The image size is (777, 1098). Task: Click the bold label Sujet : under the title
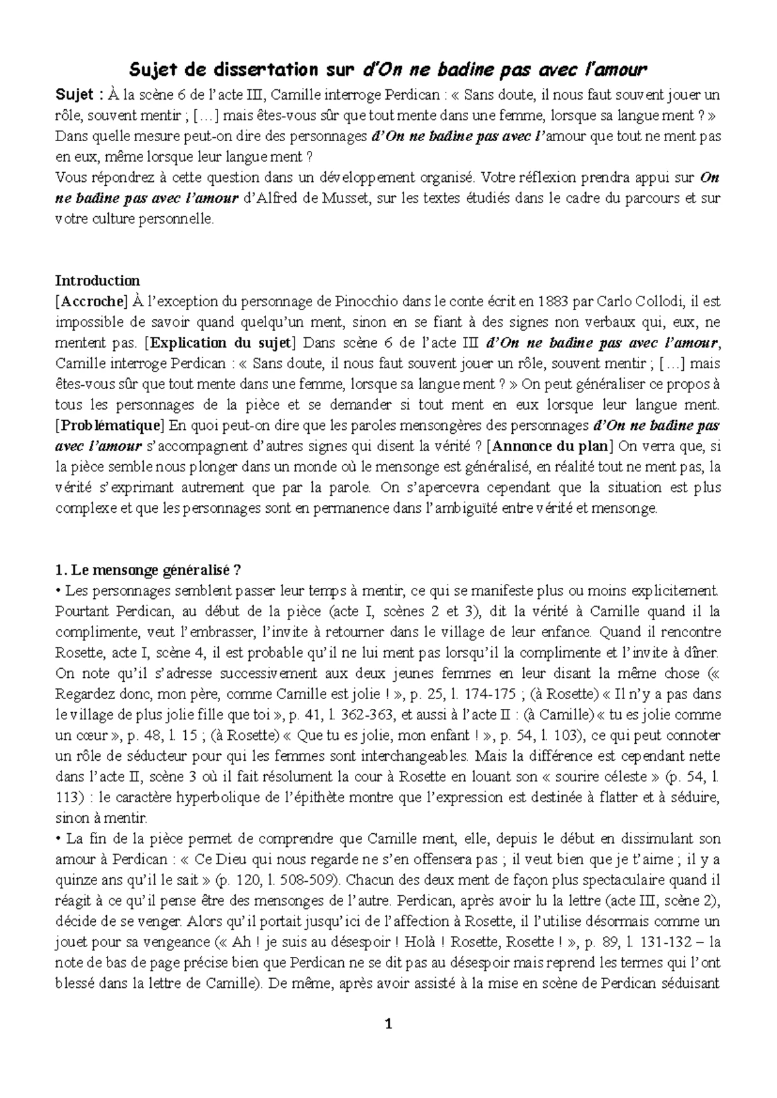pos(78,95)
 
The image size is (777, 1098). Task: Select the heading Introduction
pos(97,280)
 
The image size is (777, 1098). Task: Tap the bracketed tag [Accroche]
pos(91,301)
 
